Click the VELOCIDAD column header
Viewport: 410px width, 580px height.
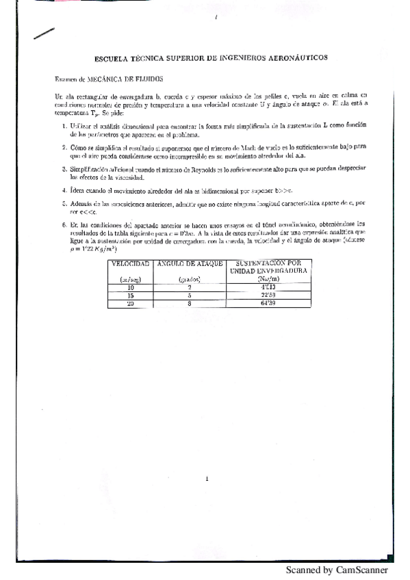[131, 263]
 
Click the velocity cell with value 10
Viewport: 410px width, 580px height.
[131, 288]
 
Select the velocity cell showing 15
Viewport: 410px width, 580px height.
[131, 295]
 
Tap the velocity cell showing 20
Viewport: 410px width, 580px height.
[131, 303]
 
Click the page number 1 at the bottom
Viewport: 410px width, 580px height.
[206, 479]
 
